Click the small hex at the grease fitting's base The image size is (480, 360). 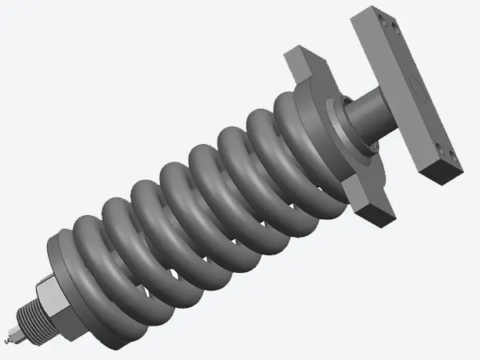click(18, 331)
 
